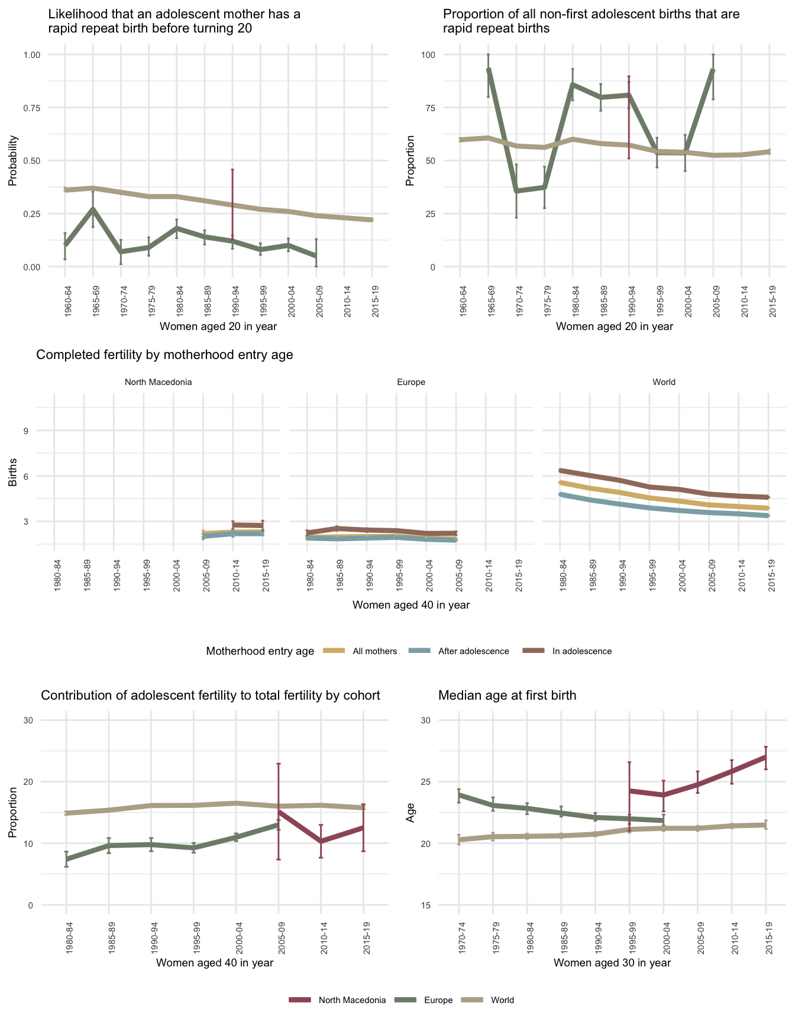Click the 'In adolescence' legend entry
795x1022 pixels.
tap(581, 651)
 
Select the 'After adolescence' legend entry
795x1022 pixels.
tap(473, 651)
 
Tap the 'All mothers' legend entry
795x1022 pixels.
tap(374, 651)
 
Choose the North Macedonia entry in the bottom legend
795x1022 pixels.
tap(352, 1000)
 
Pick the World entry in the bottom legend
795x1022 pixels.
tap(502, 1000)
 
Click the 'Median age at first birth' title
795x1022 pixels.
tap(507, 696)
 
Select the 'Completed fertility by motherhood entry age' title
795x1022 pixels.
tap(164, 355)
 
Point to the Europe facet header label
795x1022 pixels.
tap(411, 382)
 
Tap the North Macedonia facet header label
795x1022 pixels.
tap(158, 382)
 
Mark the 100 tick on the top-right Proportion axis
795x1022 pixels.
tap(428, 55)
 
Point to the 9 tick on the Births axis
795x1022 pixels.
tap(26, 431)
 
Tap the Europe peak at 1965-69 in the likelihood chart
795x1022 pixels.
tap(93, 209)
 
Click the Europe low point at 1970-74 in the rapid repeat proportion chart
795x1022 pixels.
tap(516, 191)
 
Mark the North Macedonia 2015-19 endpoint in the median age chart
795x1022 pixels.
tap(766, 756)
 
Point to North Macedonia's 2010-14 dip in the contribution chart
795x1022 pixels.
tap(321, 841)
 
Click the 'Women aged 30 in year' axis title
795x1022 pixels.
tap(612, 963)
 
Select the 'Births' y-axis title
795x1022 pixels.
tap(13, 472)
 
